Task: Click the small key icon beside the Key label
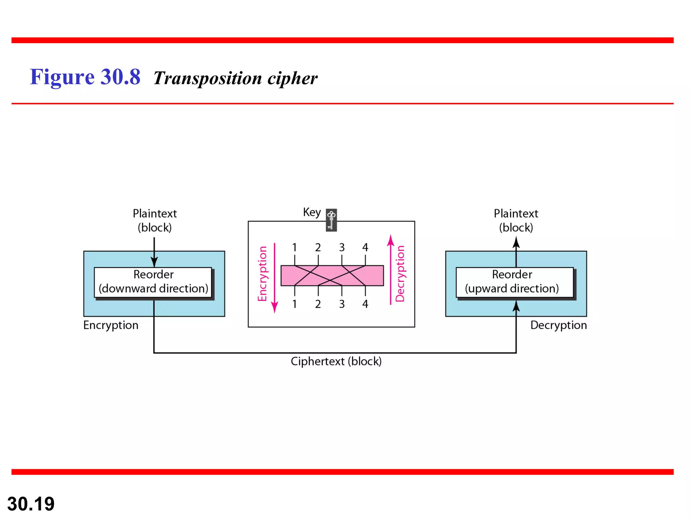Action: tap(331, 220)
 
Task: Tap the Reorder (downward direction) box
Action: tap(153, 282)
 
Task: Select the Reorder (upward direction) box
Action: tap(514, 282)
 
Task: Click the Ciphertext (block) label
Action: tap(336, 361)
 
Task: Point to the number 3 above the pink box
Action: tap(342, 248)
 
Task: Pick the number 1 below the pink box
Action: tap(295, 304)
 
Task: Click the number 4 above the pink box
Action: tap(365, 248)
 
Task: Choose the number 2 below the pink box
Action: tap(318, 304)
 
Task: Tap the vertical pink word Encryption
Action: tap(262, 274)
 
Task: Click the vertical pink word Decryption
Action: tap(400, 274)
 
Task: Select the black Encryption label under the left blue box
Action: tap(111, 325)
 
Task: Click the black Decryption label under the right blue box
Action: tap(558, 325)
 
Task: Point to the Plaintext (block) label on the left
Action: tap(155, 221)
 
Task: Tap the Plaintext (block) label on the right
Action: tap(516, 221)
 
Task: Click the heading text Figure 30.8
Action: tap(85, 77)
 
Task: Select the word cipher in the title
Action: tap(293, 78)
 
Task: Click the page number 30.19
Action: tap(31, 504)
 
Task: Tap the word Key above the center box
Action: tap(312, 212)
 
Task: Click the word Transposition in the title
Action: tap(208, 78)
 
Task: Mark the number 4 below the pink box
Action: tap(365, 304)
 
